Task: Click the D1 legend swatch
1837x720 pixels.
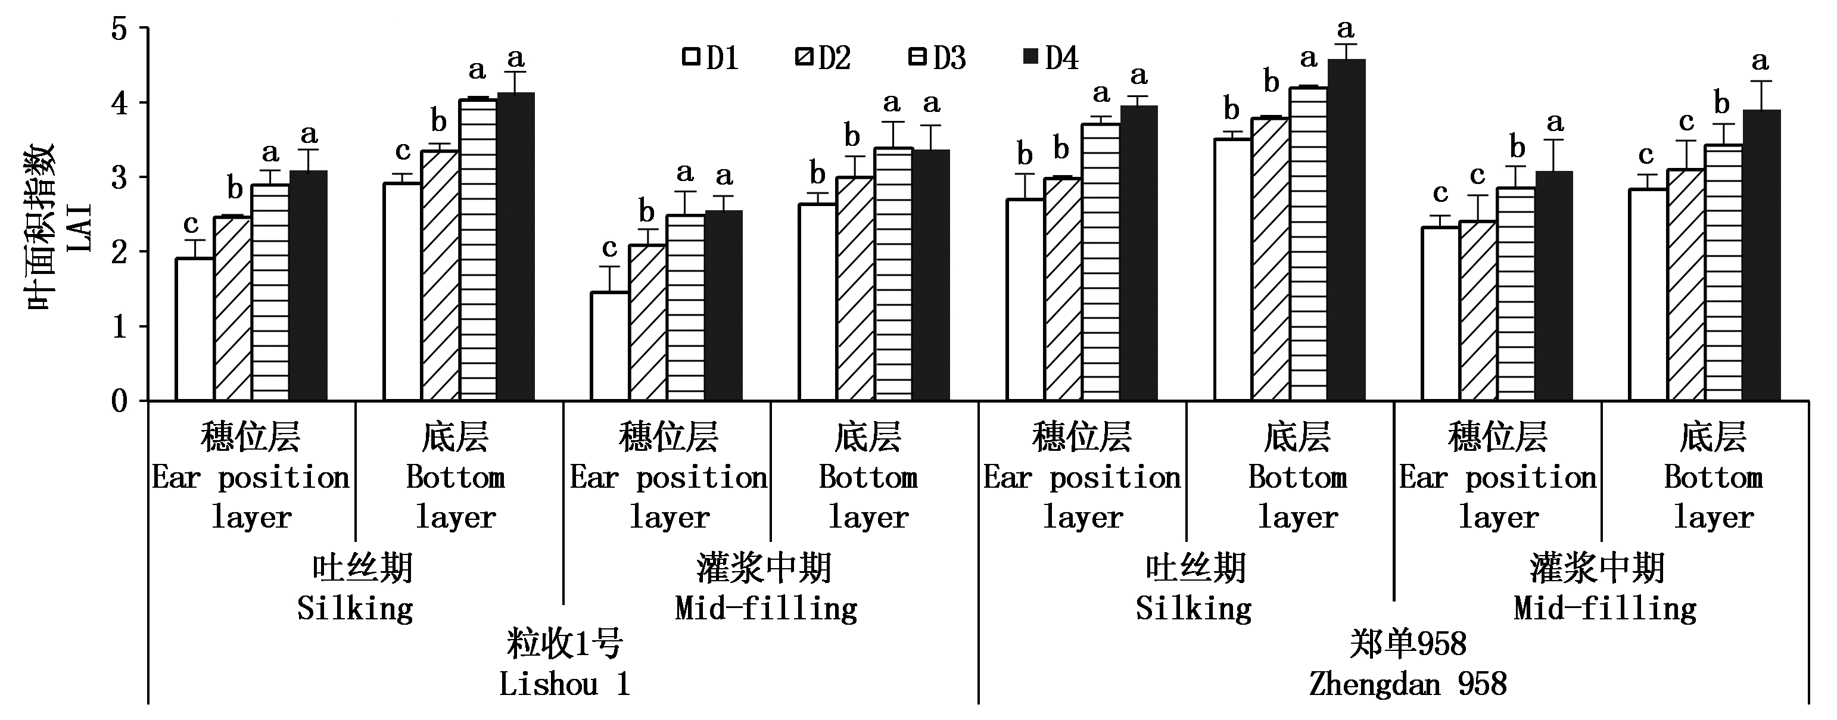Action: coord(690,57)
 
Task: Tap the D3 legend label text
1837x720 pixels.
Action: coord(950,58)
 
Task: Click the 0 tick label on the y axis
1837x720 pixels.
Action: coord(119,401)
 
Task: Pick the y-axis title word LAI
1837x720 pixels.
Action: coord(80,227)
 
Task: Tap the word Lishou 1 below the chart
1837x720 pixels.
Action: coord(564,684)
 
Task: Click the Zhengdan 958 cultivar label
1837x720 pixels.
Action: coord(1408,684)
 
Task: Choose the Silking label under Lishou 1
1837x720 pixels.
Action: coord(355,609)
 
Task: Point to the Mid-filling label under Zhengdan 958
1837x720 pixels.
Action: coord(1605,609)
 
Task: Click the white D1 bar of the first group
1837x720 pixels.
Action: coord(195,329)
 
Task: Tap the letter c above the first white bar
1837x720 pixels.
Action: coord(191,225)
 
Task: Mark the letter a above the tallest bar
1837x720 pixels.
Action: coord(1345,29)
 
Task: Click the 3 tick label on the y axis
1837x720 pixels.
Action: coord(119,177)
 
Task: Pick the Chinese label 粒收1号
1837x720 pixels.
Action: coord(564,644)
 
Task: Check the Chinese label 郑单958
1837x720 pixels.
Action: coord(1408,644)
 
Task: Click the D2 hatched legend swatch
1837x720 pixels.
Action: coord(804,57)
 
